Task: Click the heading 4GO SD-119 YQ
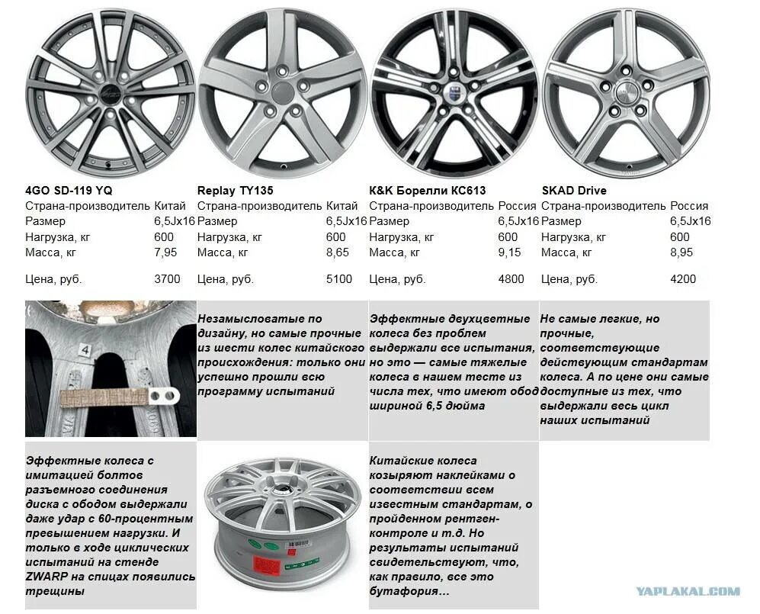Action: [69, 190]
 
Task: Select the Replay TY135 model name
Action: [235, 190]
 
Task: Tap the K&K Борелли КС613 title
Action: [427, 190]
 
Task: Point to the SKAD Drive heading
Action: [575, 190]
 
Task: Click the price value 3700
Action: [167, 279]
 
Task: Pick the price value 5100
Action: [339, 279]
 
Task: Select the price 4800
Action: [511, 279]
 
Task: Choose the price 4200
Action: [683, 279]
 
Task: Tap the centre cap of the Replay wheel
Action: [282, 93]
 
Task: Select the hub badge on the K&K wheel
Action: [454, 90]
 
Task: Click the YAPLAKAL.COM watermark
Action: [688, 590]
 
